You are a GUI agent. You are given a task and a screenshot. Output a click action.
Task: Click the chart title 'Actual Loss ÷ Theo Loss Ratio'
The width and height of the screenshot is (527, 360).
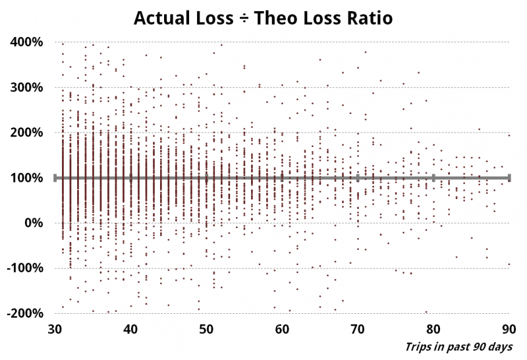pyautogui.click(x=263, y=18)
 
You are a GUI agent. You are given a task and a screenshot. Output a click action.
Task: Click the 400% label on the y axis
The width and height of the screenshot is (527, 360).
pyautogui.click(x=27, y=42)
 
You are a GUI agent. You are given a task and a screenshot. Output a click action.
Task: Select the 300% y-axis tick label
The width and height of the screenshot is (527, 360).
pyautogui.click(x=27, y=87)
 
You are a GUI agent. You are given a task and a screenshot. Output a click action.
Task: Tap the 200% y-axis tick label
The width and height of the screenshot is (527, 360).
pyautogui.click(x=27, y=133)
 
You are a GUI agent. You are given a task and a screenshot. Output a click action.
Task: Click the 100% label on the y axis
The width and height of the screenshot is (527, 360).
pyautogui.click(x=27, y=177)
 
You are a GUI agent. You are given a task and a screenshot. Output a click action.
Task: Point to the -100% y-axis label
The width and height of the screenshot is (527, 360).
pyautogui.click(x=25, y=268)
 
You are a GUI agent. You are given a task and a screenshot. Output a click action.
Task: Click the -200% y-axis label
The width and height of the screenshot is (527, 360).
pyautogui.click(x=25, y=313)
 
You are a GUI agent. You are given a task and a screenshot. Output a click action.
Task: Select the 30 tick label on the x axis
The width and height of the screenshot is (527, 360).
pyautogui.click(x=55, y=328)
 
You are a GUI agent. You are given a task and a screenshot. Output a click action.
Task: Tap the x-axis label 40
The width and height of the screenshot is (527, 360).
pyautogui.click(x=131, y=328)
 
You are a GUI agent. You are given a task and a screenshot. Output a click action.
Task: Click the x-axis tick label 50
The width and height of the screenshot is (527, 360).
pyautogui.click(x=207, y=328)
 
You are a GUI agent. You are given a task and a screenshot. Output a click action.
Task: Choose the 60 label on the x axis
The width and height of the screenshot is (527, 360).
pyautogui.click(x=282, y=328)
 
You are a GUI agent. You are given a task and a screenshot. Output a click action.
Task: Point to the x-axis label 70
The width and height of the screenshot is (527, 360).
pyautogui.click(x=358, y=328)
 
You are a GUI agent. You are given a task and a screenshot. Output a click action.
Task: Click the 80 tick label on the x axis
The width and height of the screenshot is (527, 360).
pyautogui.click(x=433, y=328)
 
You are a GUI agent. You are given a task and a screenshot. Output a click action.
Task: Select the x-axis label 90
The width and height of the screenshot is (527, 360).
pyautogui.click(x=509, y=328)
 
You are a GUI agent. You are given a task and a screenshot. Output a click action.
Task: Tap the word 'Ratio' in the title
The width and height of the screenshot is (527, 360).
pyautogui.click(x=369, y=18)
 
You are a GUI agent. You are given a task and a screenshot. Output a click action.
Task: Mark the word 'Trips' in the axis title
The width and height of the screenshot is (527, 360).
pyautogui.click(x=418, y=346)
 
